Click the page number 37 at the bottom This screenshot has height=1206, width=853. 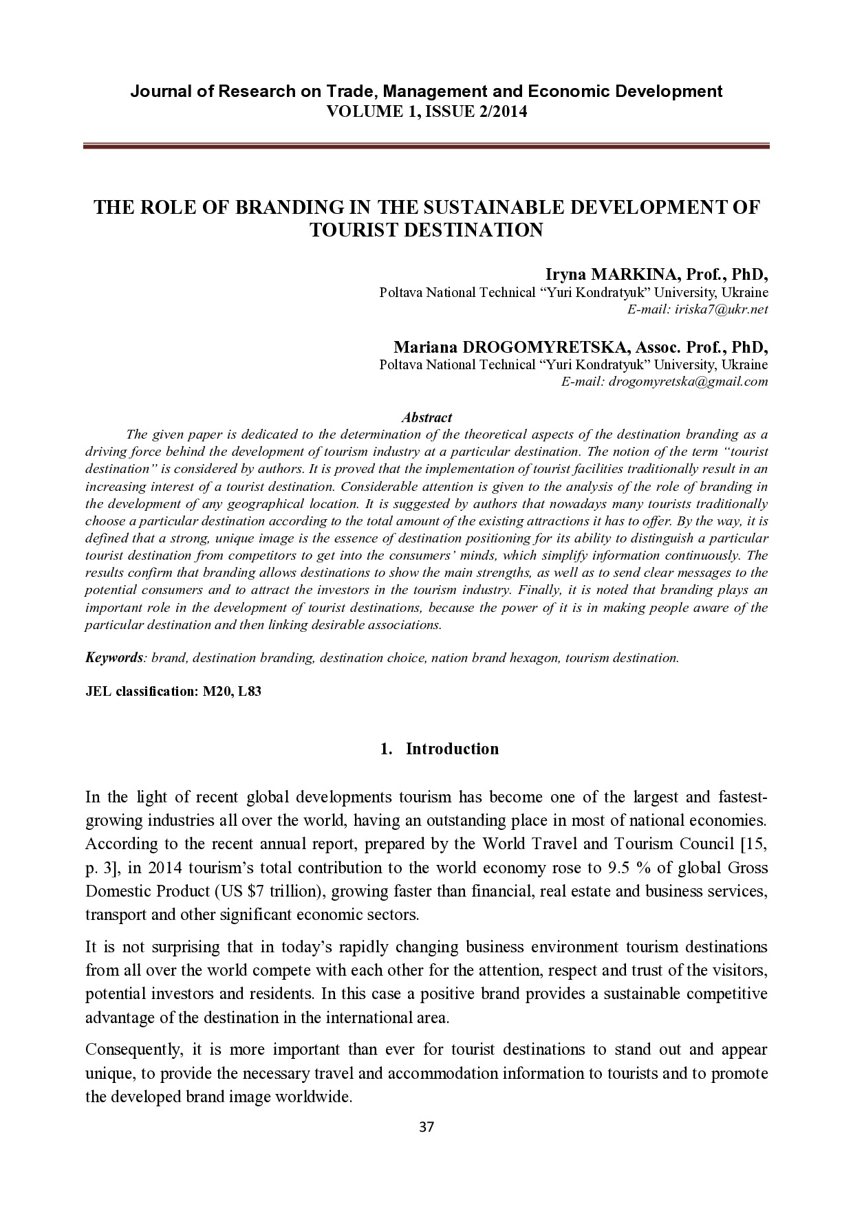point(426,1127)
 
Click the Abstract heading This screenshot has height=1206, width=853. point(426,417)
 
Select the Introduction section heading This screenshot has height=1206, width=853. point(452,749)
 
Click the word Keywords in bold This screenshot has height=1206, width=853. point(114,658)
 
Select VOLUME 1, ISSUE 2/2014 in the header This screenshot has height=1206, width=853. point(426,111)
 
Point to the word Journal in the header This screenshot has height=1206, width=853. point(161,91)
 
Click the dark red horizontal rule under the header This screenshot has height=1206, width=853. point(426,146)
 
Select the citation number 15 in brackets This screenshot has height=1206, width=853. point(756,844)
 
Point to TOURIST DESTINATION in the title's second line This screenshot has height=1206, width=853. point(426,230)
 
